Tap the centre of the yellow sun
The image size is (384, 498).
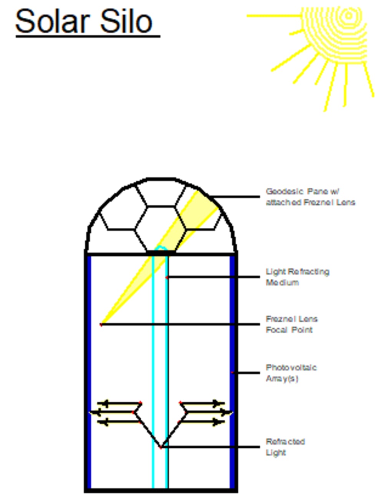(348, 16)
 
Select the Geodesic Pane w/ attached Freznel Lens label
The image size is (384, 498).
(310, 197)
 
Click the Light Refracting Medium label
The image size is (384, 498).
(297, 277)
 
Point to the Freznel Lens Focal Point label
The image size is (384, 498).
(291, 324)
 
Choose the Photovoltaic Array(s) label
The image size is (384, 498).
(291, 373)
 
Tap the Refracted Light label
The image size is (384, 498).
(285, 447)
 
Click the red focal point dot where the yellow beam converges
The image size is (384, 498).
(101, 325)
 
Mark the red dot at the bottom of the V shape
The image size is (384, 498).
(161, 447)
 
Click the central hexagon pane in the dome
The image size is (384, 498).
(161, 229)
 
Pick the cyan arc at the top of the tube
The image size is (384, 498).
(161, 248)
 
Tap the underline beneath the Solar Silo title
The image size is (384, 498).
(88, 36)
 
